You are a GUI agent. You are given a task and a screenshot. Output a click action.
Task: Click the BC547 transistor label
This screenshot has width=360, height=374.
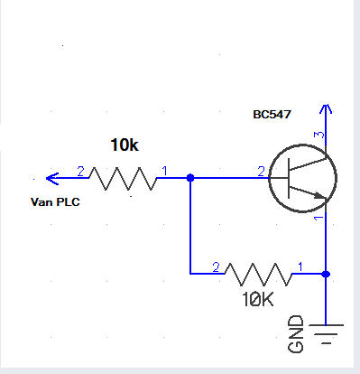[272, 115]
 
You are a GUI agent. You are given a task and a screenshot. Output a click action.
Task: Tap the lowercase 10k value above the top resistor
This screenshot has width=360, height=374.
[125, 145]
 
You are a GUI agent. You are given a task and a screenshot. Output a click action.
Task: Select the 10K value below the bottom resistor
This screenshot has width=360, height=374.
[258, 300]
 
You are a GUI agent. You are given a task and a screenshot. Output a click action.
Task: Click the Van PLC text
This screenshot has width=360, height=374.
[55, 201]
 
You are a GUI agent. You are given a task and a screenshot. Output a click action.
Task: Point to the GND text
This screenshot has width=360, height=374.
[295, 333]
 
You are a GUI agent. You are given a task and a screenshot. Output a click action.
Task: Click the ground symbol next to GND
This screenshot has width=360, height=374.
[326, 333]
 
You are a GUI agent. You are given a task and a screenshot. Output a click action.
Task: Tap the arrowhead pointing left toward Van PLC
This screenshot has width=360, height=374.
[52, 179]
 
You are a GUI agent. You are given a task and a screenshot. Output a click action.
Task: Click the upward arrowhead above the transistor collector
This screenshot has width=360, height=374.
[326, 109]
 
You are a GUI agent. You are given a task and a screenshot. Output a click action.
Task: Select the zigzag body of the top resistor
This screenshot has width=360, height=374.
[123, 179]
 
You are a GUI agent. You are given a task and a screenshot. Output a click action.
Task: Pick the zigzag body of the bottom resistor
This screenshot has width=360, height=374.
[258, 274]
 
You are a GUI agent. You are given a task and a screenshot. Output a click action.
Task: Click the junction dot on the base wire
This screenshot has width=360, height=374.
[190, 178]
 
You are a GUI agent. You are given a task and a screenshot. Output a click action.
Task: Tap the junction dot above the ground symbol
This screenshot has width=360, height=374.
[326, 274]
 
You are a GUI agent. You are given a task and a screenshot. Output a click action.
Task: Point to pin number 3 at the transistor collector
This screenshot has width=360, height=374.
[319, 135]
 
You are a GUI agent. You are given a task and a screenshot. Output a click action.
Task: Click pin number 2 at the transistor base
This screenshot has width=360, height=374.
[261, 172]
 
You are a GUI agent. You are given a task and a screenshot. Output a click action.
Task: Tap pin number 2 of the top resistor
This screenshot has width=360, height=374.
[80, 172]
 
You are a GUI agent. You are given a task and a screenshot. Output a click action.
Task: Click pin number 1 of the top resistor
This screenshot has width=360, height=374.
[164, 172]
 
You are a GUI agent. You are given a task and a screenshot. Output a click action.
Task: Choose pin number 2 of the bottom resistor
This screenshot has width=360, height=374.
[216, 267]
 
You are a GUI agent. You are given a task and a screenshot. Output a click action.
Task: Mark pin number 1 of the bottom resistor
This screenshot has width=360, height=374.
[300, 266]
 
